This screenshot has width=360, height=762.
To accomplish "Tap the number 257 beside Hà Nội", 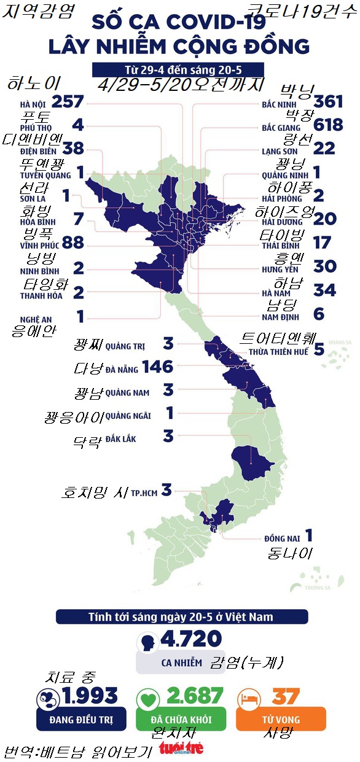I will [x=68, y=103].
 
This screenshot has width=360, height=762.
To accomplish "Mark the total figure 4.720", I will [x=190, y=639].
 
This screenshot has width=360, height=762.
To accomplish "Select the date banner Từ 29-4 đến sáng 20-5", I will [x=178, y=69].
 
